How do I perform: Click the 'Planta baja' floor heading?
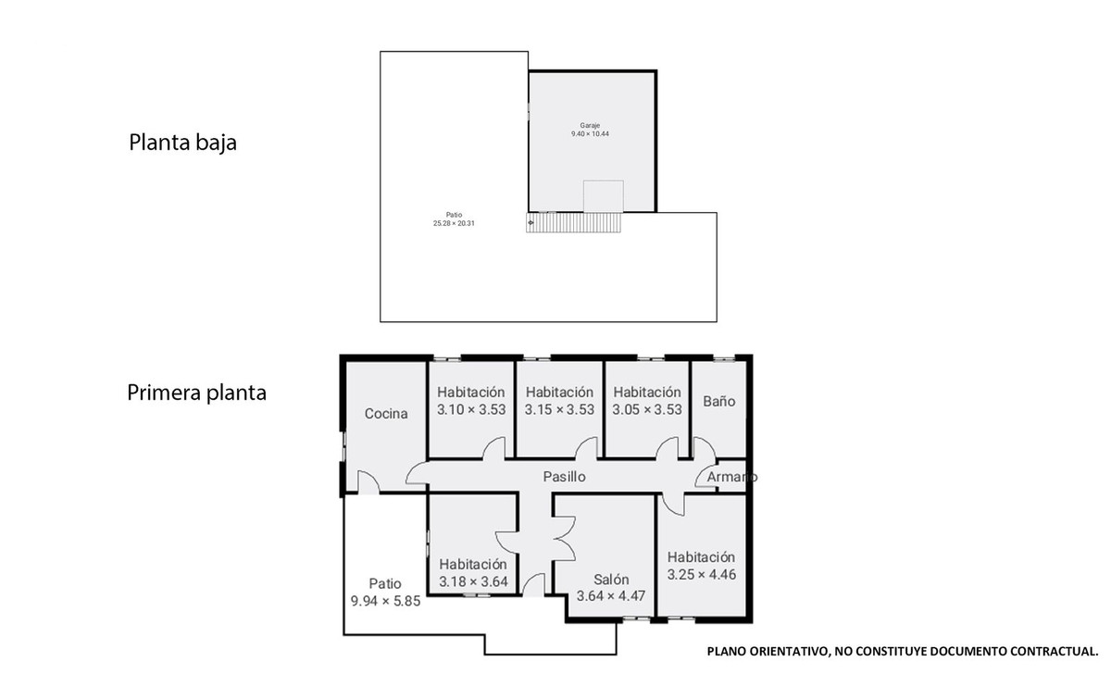click(x=182, y=144)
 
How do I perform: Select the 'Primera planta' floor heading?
click(x=196, y=393)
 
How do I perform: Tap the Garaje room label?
click(x=590, y=125)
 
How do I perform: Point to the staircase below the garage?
click(x=574, y=223)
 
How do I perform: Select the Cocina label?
click(x=386, y=414)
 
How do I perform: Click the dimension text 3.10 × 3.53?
click(x=471, y=409)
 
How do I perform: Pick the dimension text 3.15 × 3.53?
click(x=559, y=409)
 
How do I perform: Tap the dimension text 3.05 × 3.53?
click(x=647, y=409)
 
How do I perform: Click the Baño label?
click(x=719, y=402)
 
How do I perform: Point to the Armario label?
click(x=731, y=477)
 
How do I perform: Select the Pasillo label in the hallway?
click(x=564, y=477)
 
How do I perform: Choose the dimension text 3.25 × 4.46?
click(x=701, y=574)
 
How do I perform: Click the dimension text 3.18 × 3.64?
click(x=473, y=581)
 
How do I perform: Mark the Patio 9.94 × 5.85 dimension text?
click(x=385, y=601)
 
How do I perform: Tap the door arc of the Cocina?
click(x=367, y=481)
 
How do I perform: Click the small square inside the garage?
click(x=603, y=196)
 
